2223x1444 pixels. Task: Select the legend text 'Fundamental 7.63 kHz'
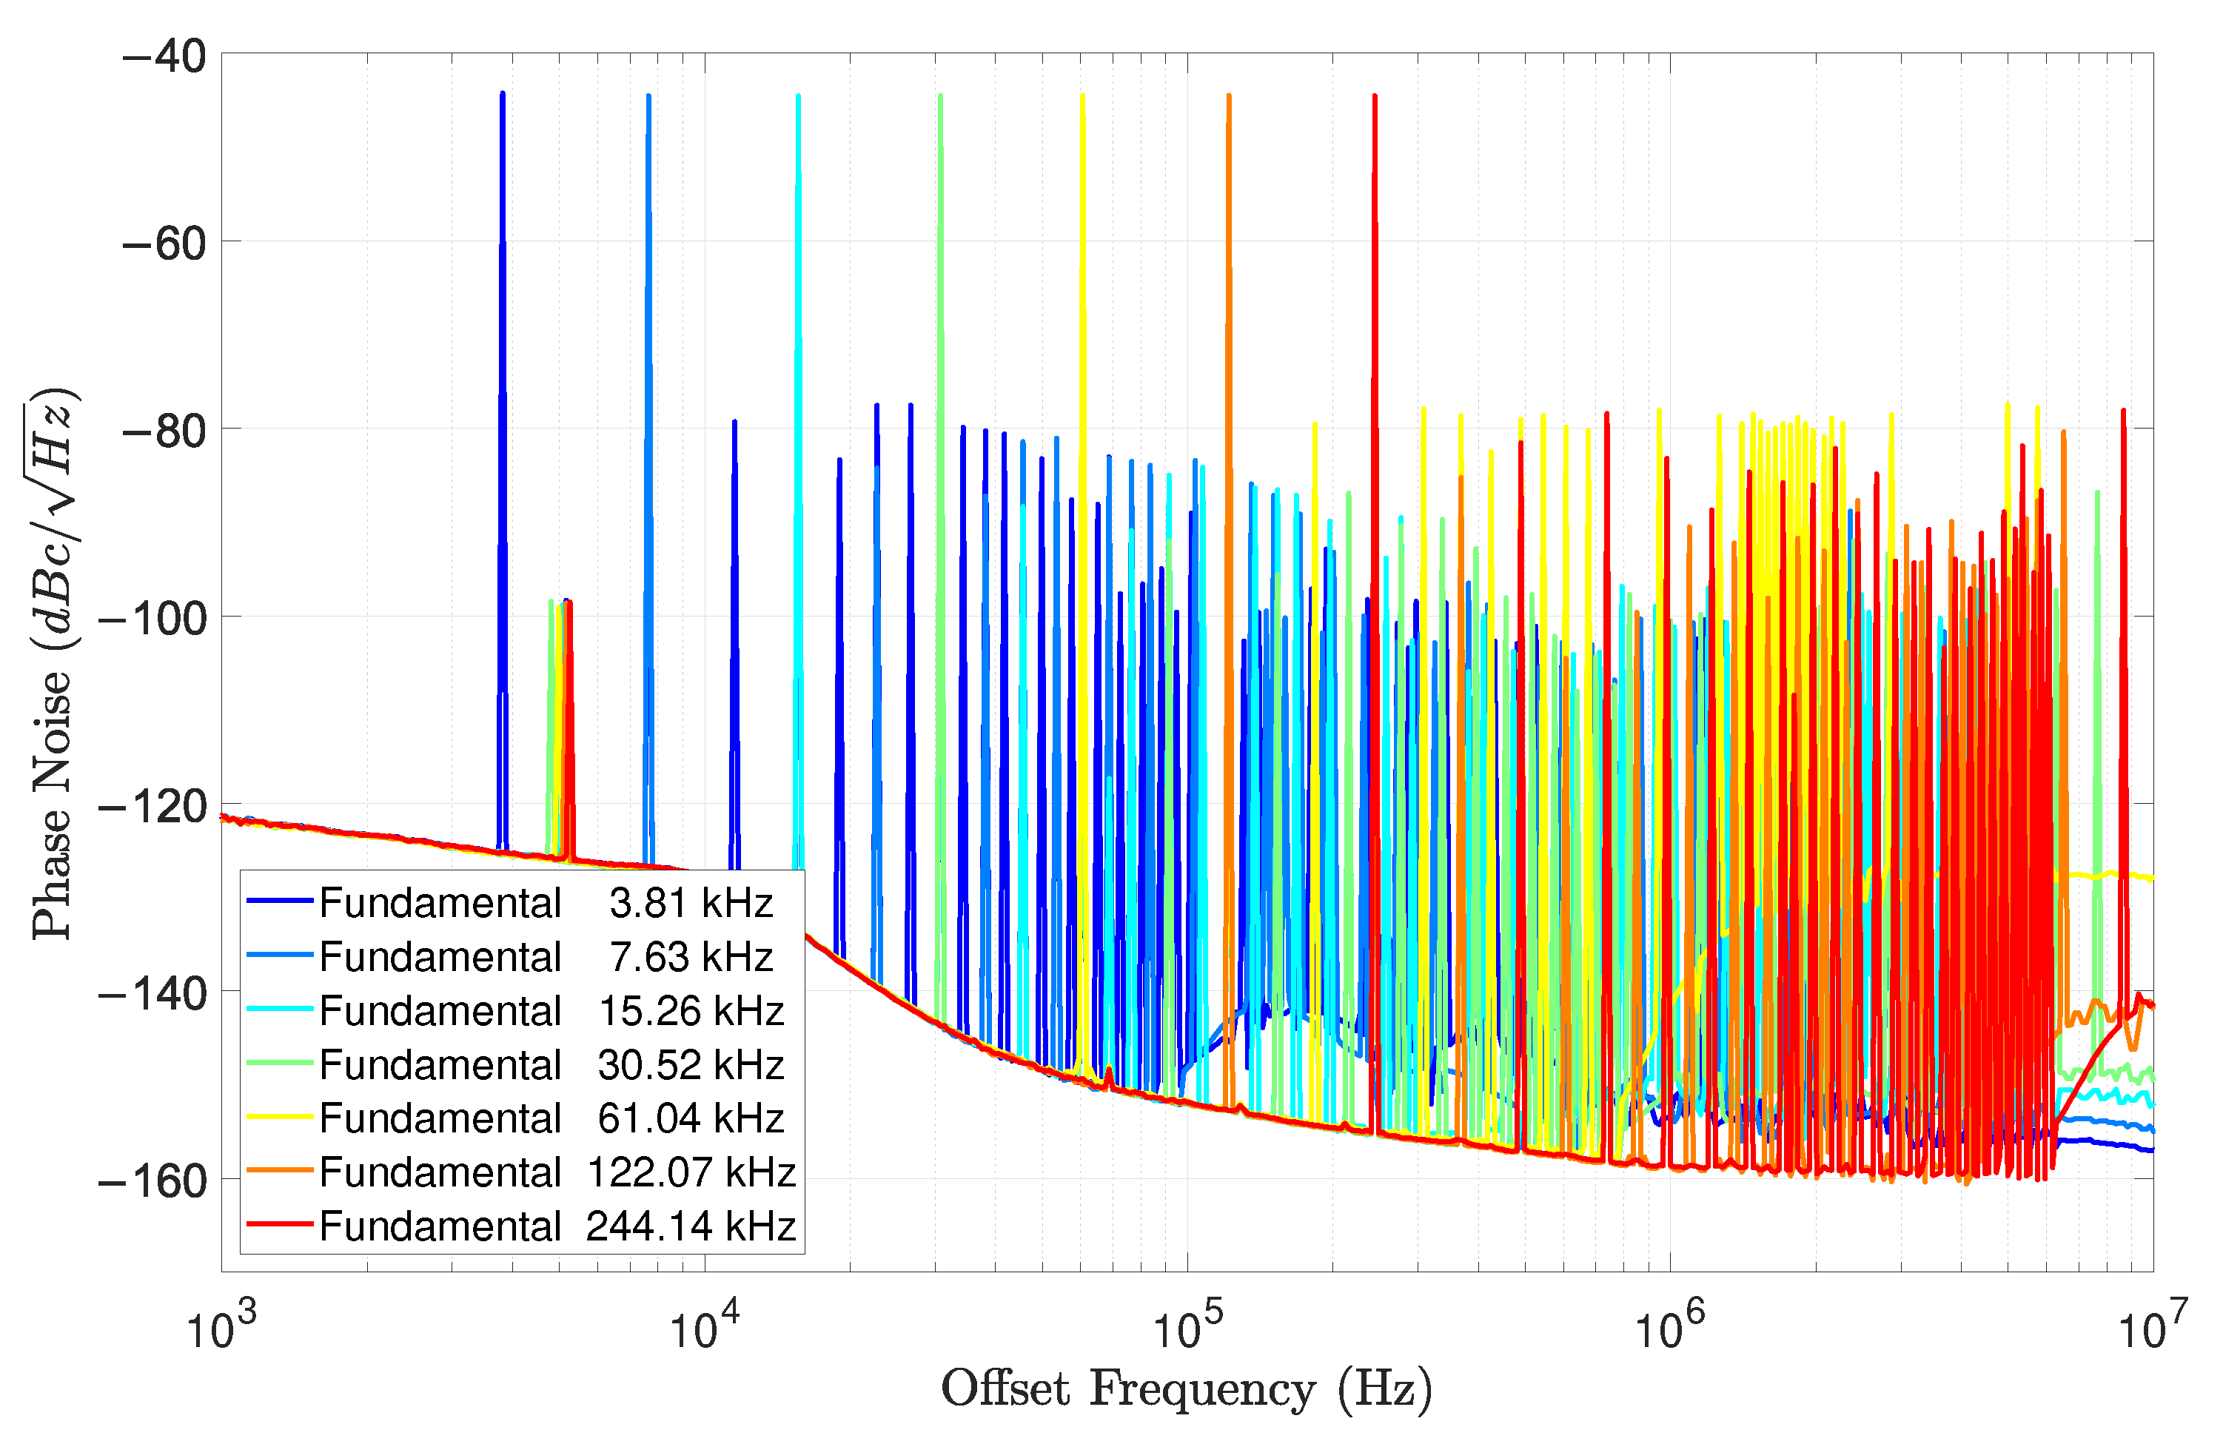pos(546,956)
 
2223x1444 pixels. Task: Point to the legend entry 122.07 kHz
pos(557,1172)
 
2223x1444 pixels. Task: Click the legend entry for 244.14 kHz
pos(557,1226)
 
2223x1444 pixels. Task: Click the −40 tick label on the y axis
pos(164,57)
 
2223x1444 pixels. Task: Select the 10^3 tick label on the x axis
pos(221,1329)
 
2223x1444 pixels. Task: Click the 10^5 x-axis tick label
pos(1187,1329)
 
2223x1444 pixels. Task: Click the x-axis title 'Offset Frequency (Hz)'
pos(1186,1389)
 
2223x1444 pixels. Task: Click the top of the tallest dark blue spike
pos(503,94)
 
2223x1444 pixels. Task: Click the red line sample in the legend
pos(278,1223)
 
